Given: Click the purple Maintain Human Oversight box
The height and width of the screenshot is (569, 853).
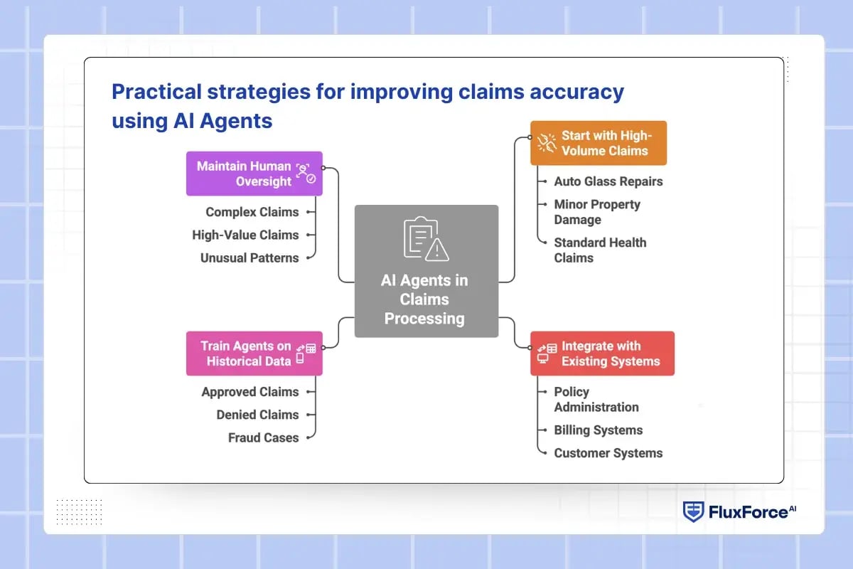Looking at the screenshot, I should click(x=254, y=174).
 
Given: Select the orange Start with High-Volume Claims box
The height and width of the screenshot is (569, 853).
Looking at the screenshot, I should click(x=599, y=143).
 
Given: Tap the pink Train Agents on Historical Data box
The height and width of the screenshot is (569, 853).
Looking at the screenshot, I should click(x=254, y=353).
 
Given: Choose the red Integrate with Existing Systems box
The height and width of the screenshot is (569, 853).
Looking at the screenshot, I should click(x=602, y=353).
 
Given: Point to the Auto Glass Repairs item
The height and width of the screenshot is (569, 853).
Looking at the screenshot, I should click(x=608, y=181).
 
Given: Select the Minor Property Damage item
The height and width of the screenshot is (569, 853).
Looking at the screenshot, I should click(x=597, y=212).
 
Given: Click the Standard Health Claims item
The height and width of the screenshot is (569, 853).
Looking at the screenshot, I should click(x=600, y=250).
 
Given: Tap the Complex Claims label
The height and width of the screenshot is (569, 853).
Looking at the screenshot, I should click(x=252, y=212).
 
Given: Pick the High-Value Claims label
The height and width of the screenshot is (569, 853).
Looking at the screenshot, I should click(x=245, y=235).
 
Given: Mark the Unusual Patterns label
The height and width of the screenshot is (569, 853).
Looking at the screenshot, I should click(x=249, y=257).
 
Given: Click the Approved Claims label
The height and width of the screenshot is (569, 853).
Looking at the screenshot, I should click(x=250, y=392).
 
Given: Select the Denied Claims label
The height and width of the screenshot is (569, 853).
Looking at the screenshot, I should click(x=257, y=415).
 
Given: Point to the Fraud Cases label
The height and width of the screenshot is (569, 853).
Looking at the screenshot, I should click(x=263, y=437).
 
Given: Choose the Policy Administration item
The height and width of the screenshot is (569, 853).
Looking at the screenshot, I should click(x=596, y=400).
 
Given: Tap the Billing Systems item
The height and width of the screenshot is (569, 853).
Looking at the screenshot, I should click(x=598, y=430).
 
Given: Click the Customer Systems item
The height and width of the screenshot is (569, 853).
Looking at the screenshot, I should click(x=608, y=453).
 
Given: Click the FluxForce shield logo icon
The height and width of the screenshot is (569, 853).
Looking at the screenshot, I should click(x=694, y=511).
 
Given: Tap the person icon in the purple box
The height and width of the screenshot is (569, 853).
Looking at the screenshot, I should click(x=304, y=173).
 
